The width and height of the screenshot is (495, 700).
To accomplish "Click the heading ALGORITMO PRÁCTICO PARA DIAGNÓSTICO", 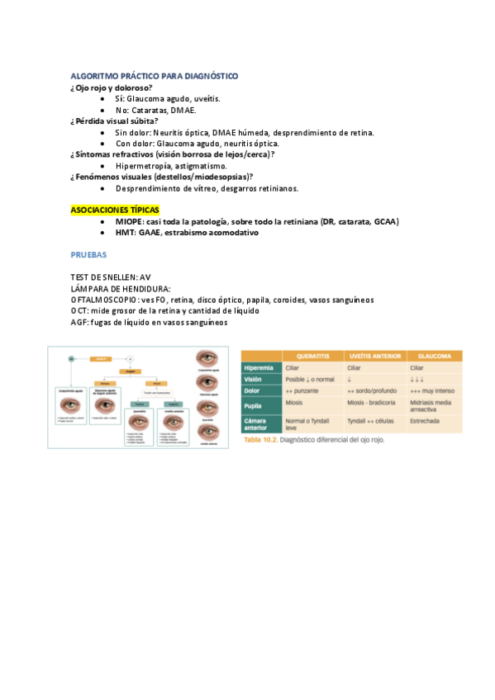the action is pos(154,76).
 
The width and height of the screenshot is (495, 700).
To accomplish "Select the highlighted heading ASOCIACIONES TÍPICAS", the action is pos(115,210).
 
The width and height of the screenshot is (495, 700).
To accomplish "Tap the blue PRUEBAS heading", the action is pos(90,256).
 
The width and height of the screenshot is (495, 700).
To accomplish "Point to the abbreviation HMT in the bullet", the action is pos(126,233).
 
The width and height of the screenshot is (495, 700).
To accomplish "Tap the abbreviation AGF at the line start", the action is pos(80,322).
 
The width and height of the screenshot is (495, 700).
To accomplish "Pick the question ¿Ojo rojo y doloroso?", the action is pos(112,87).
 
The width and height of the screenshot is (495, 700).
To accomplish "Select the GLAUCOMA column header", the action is pos(435,356).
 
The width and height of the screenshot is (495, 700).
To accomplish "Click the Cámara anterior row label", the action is pos(258,423).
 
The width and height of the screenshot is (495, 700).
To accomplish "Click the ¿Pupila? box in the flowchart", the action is pos(131,372).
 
